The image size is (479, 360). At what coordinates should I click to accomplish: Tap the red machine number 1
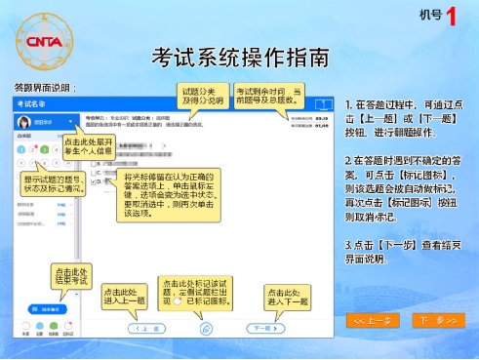tap(451, 16)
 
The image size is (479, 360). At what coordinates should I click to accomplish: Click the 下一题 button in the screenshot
tap(260, 329)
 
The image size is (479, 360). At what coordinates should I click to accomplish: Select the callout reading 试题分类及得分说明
tap(204, 97)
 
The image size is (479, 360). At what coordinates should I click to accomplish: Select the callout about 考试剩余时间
tap(262, 97)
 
